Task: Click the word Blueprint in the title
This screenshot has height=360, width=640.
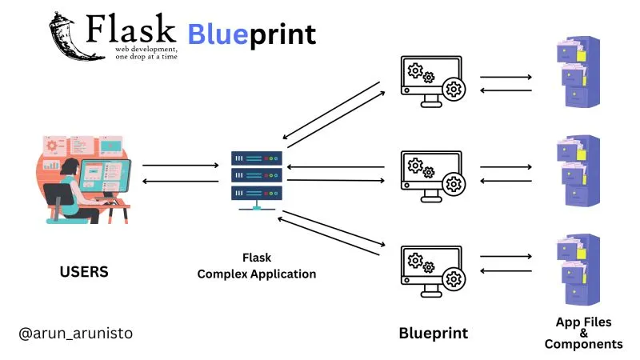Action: click(x=252, y=34)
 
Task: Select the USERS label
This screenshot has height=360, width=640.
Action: click(x=84, y=272)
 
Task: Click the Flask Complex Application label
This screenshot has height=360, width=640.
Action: click(x=257, y=266)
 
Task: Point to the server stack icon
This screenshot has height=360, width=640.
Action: click(x=257, y=181)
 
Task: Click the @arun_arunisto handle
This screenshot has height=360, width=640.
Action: click(x=76, y=333)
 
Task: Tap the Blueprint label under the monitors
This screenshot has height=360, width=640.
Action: click(x=433, y=333)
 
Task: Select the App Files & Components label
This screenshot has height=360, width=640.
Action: click(x=583, y=333)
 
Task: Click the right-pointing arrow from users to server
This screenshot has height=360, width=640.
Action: click(x=180, y=166)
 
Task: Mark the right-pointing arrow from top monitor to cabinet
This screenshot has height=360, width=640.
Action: click(x=506, y=78)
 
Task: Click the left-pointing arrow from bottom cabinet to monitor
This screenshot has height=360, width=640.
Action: click(x=506, y=272)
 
